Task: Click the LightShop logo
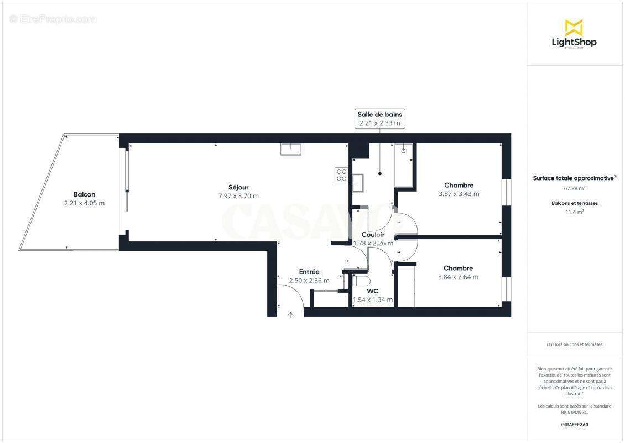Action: [574, 34]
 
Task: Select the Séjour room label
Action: [238, 187]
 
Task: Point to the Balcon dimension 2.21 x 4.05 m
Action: [84, 203]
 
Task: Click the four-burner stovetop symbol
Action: [342, 175]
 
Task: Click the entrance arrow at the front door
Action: [291, 315]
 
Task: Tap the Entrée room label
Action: [309, 272]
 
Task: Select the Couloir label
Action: [373, 235]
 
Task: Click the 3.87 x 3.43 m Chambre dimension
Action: [459, 194]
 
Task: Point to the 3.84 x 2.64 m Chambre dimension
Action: [458, 277]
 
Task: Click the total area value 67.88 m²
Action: [575, 188]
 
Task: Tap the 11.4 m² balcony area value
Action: [575, 212]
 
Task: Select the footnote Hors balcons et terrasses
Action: [575, 344]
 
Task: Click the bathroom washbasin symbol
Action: [358, 182]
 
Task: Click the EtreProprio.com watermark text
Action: [53, 19]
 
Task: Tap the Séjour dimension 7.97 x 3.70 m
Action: [238, 196]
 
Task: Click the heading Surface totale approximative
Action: [574, 178]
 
